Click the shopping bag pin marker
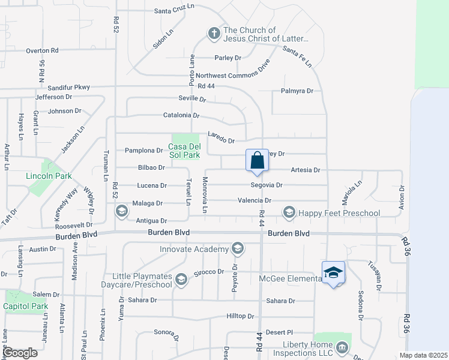[x=257, y=161]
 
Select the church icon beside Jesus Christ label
[x=214, y=34]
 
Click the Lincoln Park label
[x=49, y=176]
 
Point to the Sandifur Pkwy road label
[x=68, y=87]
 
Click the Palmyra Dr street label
[x=297, y=91]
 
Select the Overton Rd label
[x=42, y=51]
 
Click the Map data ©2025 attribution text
[x=423, y=355]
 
